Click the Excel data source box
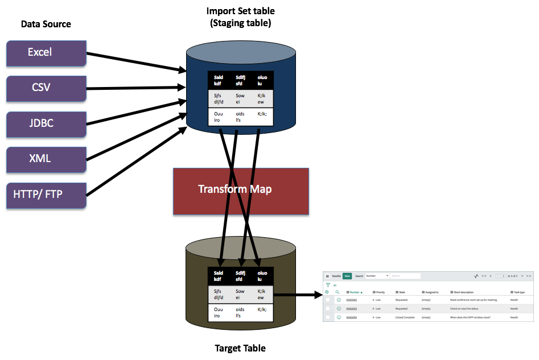[x=46, y=53]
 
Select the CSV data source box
[x=46, y=88]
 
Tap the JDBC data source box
[x=46, y=123]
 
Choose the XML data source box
[x=46, y=159]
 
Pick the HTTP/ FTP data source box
[x=46, y=195]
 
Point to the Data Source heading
[x=46, y=24]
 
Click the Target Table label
[x=240, y=348]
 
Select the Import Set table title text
[x=240, y=11]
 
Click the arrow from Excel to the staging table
[x=137, y=61]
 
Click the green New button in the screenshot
[x=347, y=276]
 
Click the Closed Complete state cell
[x=405, y=317]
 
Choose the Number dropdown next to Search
[x=377, y=276]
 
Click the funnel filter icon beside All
[x=328, y=285]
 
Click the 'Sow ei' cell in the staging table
[x=240, y=99]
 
